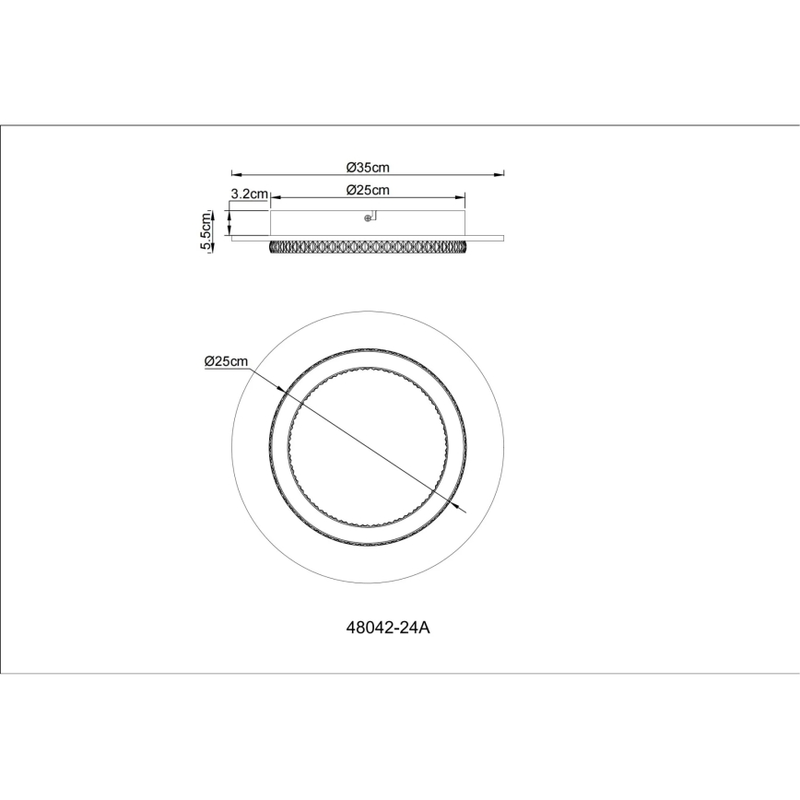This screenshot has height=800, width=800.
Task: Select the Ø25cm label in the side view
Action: pyautogui.click(x=368, y=190)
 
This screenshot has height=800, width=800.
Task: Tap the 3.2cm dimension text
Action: pyautogui.click(x=249, y=194)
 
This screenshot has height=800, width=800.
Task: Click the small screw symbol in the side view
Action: pyautogui.click(x=370, y=218)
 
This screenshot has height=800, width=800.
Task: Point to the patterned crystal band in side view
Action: pyautogui.click(x=369, y=247)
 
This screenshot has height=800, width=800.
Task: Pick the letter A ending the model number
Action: pyautogui.click(x=426, y=629)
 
